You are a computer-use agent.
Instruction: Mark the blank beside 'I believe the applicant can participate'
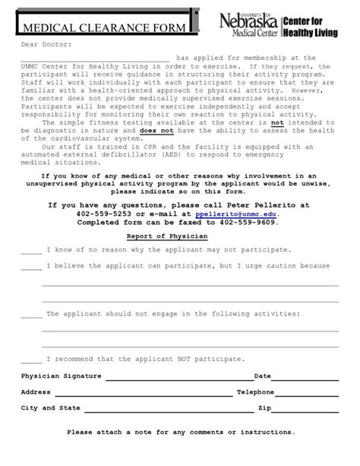click(31, 267)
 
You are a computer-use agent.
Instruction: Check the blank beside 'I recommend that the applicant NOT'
click(31, 359)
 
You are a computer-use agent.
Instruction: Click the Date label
click(262, 376)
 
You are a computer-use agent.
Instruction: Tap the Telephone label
click(254, 392)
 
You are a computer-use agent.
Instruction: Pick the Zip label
click(264, 408)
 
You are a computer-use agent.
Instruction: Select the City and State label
click(50, 408)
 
